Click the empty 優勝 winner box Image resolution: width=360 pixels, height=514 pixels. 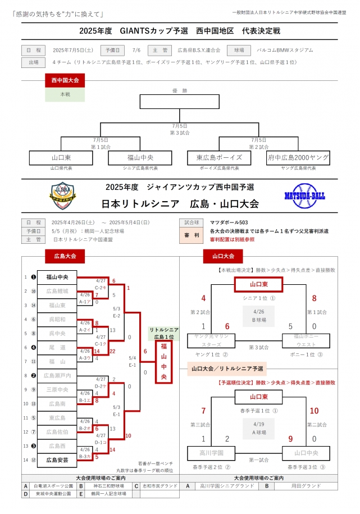point(179,102)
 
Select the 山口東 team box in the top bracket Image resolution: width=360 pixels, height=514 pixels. point(61,158)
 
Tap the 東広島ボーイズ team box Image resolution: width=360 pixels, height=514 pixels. point(219,158)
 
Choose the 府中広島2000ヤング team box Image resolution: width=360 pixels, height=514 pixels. point(298,158)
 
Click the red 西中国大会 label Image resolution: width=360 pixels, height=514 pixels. point(65,81)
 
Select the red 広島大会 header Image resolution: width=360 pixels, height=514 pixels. point(65,256)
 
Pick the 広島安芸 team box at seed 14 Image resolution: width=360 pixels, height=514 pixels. point(57,460)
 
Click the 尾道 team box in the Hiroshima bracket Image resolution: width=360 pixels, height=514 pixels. point(57,347)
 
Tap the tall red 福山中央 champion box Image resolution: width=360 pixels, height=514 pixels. point(163,361)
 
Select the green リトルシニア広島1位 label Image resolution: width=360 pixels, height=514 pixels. point(163,333)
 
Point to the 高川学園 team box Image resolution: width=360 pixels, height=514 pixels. point(211,452)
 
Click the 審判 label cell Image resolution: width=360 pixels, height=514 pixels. point(192,235)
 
